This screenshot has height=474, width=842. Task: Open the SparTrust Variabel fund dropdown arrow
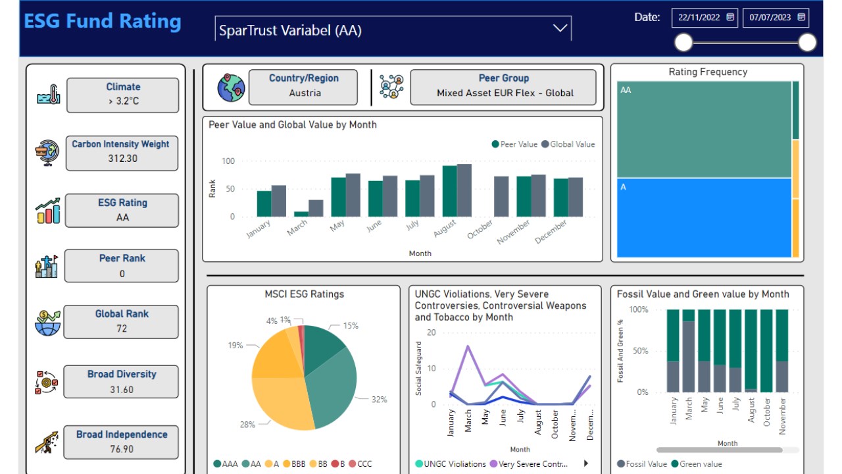pyautogui.click(x=560, y=28)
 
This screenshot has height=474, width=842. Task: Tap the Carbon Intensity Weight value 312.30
pyautogui.click(x=122, y=159)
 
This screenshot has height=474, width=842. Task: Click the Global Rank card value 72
pyautogui.click(x=122, y=328)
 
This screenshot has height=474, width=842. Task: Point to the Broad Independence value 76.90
pyautogui.click(x=122, y=449)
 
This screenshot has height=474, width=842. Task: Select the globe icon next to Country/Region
pyautogui.click(x=231, y=88)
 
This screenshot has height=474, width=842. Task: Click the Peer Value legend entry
pyautogui.click(x=514, y=144)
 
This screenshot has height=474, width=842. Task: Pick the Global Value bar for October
pyautogui.click(x=501, y=196)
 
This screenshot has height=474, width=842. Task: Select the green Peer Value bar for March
pyautogui.click(x=301, y=214)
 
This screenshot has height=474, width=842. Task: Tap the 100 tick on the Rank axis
pyautogui.click(x=228, y=161)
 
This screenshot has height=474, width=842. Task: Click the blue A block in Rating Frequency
pyautogui.click(x=704, y=217)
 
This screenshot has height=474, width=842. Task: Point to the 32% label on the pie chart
pyautogui.click(x=379, y=400)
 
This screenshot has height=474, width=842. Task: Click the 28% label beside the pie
pyautogui.click(x=247, y=425)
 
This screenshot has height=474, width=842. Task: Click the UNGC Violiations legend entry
pyautogui.click(x=451, y=464)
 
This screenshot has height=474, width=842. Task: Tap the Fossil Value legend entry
pyautogui.click(x=642, y=464)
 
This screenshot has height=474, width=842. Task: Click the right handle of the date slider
pyautogui.click(x=807, y=43)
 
